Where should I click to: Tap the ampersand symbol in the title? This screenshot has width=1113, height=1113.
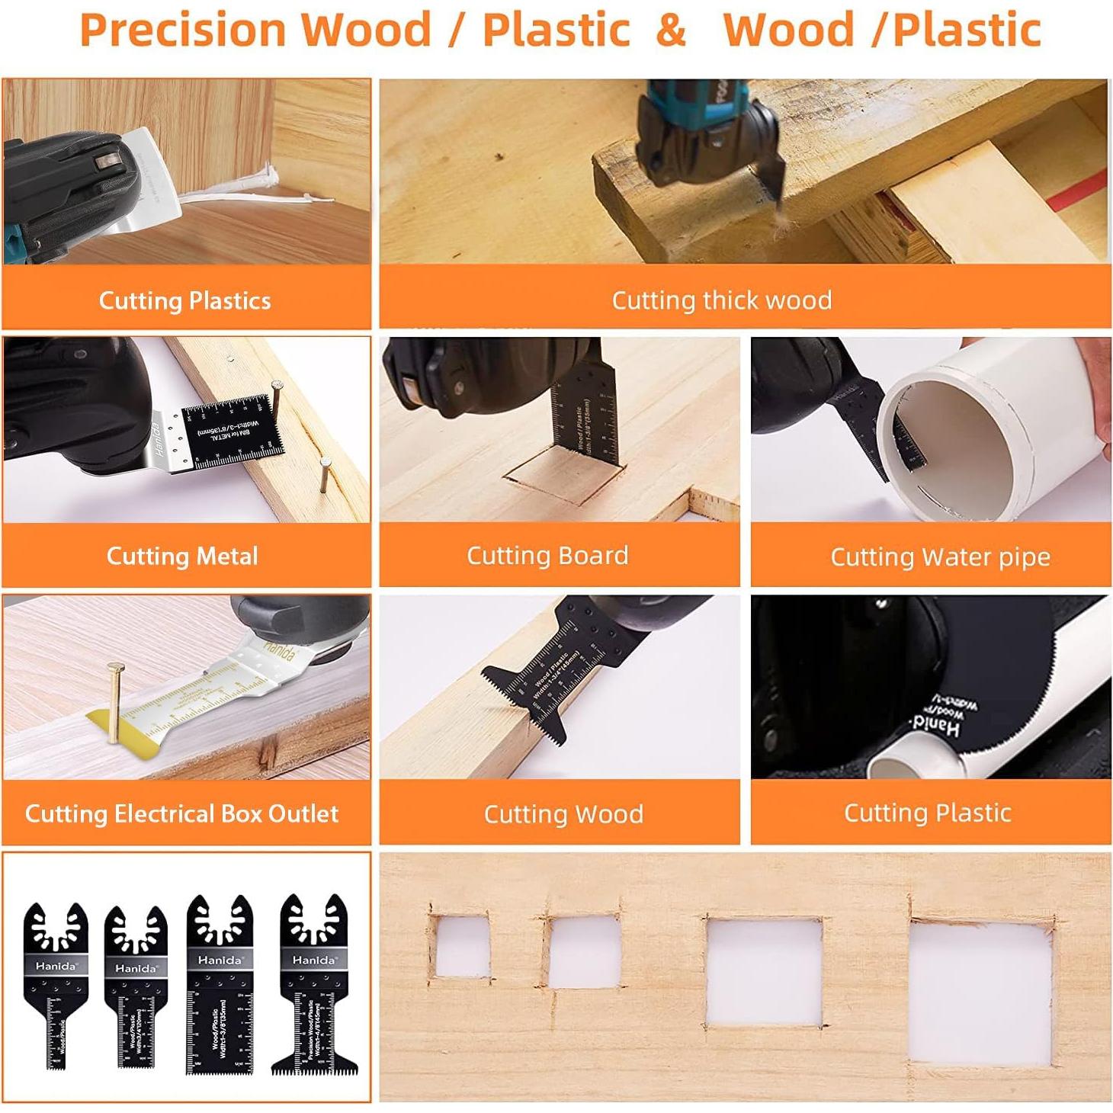pos(670,30)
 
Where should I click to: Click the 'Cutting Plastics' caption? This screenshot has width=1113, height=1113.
pos(185,300)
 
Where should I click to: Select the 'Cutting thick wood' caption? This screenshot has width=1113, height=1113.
pos(721,300)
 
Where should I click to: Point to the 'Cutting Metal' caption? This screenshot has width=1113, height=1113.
pos(182,556)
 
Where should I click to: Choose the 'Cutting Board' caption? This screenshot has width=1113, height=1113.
pos(547,555)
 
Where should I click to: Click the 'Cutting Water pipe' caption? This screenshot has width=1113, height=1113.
pos(940,556)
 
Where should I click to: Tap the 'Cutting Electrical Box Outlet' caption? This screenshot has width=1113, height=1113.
pos(181,813)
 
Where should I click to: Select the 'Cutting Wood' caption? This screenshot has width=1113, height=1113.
pos(563,813)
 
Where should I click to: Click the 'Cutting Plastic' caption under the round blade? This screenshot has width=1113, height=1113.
pos(927,813)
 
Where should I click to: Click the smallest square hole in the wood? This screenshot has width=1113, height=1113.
pos(462,946)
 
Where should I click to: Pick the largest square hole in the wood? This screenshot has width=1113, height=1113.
pos(981,993)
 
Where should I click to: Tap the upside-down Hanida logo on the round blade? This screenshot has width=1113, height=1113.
pos(938,726)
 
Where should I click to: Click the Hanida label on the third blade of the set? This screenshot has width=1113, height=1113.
pos(220,960)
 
